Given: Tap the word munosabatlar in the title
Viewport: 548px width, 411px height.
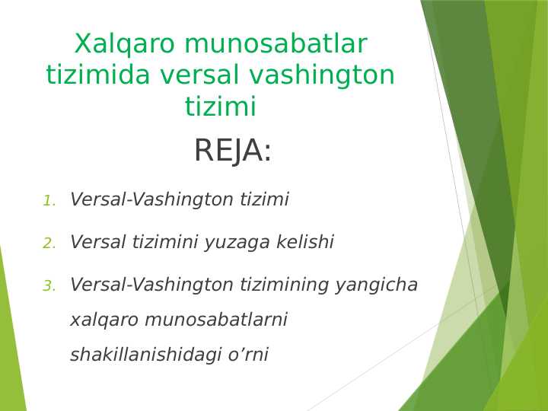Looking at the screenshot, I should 275,45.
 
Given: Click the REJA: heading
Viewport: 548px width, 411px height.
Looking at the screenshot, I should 233,151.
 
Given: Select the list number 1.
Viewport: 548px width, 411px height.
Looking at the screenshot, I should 49,201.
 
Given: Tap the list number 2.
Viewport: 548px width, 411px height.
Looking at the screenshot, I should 49,244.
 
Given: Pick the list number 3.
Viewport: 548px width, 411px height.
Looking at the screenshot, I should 49,286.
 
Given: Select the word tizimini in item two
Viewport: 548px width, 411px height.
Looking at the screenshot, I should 164,243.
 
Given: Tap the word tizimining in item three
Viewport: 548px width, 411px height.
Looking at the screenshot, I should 281,285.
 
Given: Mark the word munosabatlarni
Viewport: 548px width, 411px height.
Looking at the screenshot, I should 215,320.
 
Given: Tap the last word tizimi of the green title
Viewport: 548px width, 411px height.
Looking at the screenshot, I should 220,107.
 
